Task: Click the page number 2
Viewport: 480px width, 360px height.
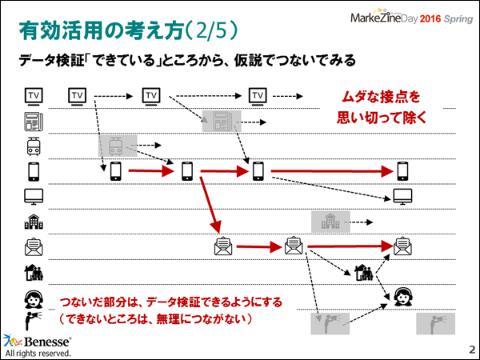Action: pos(470,350)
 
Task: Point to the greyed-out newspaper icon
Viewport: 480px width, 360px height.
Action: pos(217,122)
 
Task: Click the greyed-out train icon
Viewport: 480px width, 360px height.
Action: pos(111,146)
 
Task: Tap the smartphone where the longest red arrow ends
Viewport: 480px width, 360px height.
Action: pos(402,170)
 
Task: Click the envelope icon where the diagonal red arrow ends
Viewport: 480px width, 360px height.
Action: pos(222,246)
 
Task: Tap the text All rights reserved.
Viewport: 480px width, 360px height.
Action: pos(38,353)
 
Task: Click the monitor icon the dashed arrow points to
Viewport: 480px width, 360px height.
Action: pos(402,196)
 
